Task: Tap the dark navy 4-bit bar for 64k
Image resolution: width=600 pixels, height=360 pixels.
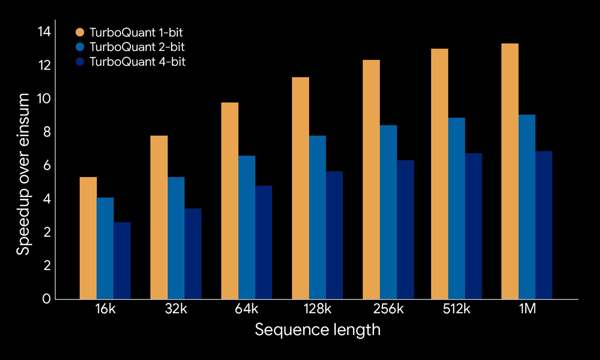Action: (x=263, y=242)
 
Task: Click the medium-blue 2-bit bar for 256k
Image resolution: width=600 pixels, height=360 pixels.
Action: (x=388, y=212)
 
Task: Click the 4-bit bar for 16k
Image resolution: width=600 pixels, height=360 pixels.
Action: (x=122, y=261)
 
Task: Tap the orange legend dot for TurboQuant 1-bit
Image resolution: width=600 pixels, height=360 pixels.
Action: (x=80, y=32)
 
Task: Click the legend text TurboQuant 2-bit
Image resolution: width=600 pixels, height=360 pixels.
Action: (x=137, y=47)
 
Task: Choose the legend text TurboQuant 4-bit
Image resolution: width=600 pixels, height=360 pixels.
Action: (x=137, y=62)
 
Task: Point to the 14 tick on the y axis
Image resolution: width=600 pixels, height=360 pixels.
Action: (x=44, y=32)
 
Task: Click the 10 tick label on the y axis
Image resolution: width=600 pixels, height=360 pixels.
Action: (x=44, y=99)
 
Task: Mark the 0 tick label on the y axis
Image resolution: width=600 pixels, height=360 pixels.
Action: (x=46, y=299)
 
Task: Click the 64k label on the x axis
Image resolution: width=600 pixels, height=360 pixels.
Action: (x=246, y=309)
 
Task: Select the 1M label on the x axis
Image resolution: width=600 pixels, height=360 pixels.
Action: (x=527, y=309)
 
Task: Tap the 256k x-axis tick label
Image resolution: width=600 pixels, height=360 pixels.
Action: (x=388, y=309)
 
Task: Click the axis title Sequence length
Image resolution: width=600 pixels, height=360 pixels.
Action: (x=317, y=330)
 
